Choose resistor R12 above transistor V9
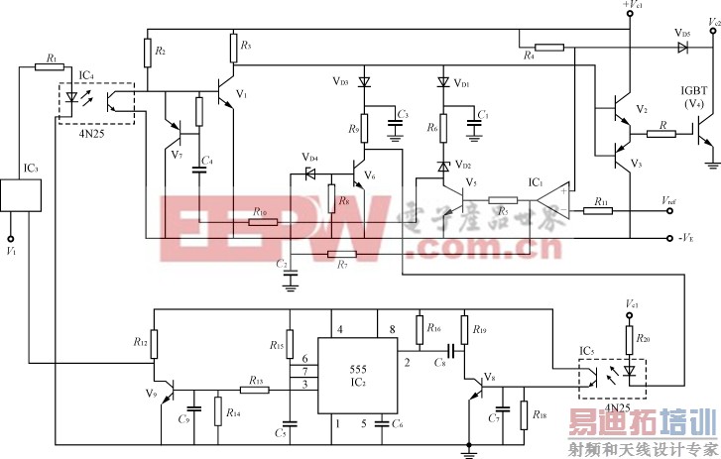tap(155, 343)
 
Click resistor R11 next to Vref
tap(603, 210)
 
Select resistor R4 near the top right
tap(548, 48)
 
